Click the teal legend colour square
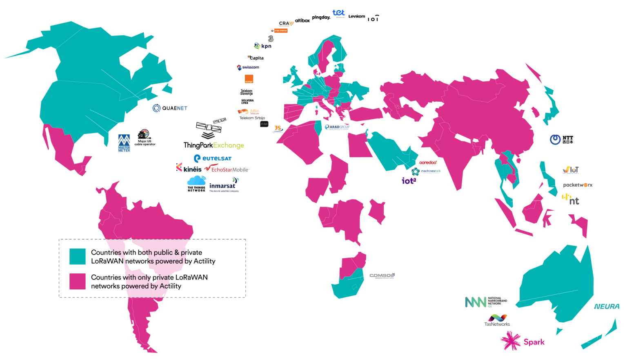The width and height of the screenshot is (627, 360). pos(77,256)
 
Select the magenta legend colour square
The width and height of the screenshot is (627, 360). pos(77,281)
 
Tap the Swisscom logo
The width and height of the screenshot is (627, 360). pos(248,67)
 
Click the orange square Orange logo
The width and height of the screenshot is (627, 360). pos(249,79)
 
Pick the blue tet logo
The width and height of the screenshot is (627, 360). pos(338,13)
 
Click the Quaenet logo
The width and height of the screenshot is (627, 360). pos(169,108)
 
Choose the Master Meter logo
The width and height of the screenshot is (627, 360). pos(124,143)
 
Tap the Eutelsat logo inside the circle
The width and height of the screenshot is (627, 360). pos(213,158)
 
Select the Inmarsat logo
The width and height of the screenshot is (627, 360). pos(222,186)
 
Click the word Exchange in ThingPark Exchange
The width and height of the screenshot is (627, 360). pos(229,145)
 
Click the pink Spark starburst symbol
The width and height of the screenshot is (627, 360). pos(511,341)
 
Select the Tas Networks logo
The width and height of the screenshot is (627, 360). pos(497,320)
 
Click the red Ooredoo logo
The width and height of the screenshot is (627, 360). pos(428,162)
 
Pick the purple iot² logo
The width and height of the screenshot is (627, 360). pos(409,180)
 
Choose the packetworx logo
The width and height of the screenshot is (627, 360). pos(578,185)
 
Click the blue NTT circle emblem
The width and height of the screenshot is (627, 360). pos(555,140)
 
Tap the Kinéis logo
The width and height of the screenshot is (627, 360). pos(189,168)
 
